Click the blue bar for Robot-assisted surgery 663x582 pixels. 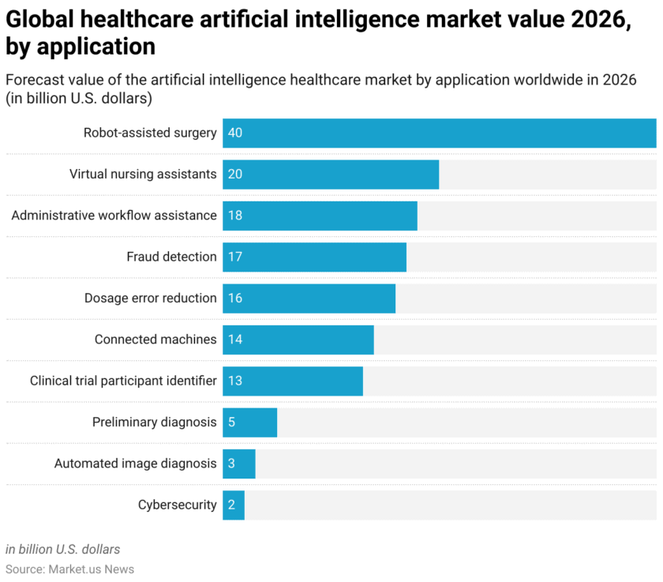click(x=439, y=133)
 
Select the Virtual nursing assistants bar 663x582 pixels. click(x=331, y=174)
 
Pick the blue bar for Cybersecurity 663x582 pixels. click(x=234, y=505)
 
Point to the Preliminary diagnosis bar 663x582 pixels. click(x=249, y=422)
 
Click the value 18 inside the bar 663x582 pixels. click(x=235, y=216)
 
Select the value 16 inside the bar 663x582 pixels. click(x=235, y=298)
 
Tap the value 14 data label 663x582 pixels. click(x=235, y=340)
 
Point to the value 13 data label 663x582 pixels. click(x=235, y=381)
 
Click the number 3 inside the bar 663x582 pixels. click(x=231, y=464)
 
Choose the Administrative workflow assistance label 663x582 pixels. click(x=114, y=216)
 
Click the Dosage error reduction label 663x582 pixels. click(x=150, y=298)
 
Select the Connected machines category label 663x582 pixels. click(x=155, y=340)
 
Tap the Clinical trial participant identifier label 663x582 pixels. click(x=123, y=381)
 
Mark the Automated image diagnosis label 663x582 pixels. click(x=135, y=464)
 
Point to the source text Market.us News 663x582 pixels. click(x=92, y=569)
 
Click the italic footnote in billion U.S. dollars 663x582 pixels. click(x=63, y=549)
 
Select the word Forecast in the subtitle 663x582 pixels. click(x=36, y=81)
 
